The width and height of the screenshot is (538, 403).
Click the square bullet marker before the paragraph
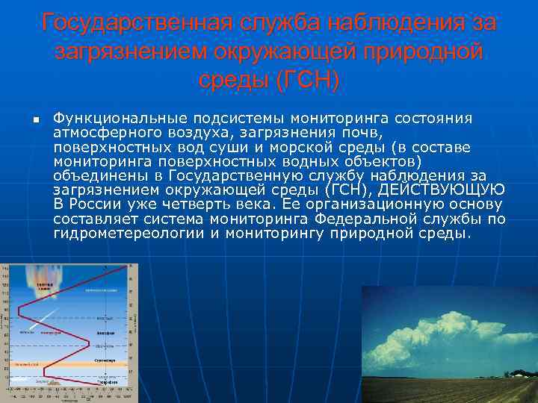(25, 120)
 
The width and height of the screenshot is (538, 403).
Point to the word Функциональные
(121, 119)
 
